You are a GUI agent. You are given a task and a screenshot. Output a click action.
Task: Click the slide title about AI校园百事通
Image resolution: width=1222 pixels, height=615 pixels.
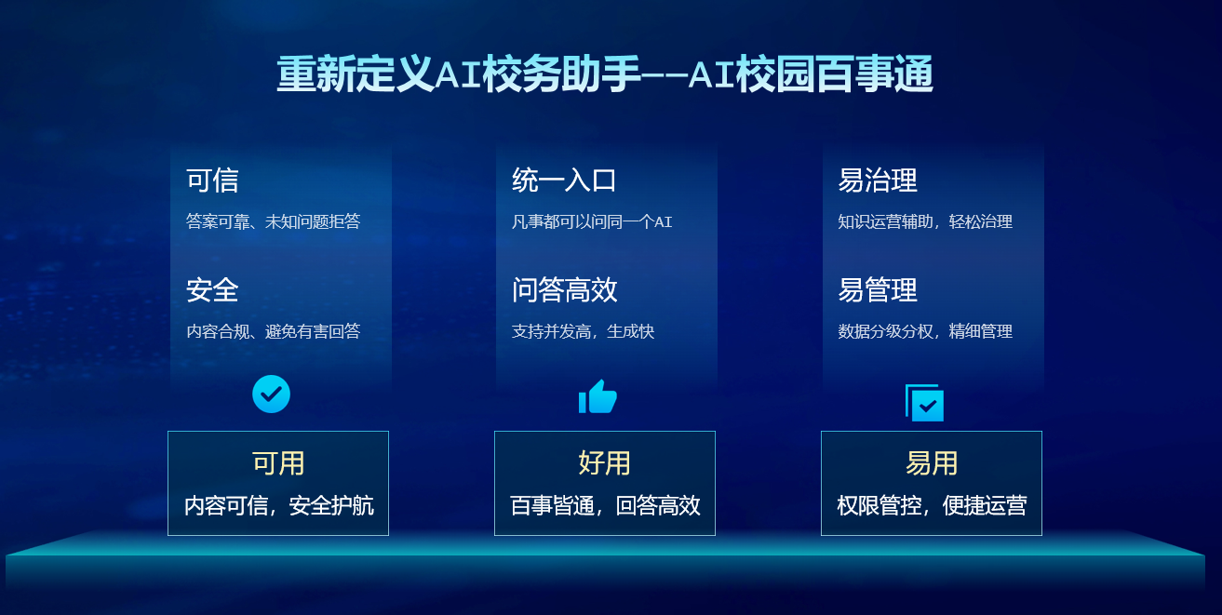[605, 74]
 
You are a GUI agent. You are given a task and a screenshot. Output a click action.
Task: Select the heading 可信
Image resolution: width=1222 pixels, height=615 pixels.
[212, 180]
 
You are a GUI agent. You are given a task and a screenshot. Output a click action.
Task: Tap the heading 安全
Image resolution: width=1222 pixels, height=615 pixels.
[212, 290]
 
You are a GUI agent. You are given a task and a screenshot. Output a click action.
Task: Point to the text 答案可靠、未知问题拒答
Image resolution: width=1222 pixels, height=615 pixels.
[274, 221]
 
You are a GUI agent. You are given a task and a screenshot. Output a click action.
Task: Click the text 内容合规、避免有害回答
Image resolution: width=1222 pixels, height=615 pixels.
[274, 331]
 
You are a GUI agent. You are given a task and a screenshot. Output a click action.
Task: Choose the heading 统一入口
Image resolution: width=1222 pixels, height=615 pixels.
[564, 180]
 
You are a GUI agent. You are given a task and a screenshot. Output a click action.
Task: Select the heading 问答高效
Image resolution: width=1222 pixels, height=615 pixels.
[564, 290]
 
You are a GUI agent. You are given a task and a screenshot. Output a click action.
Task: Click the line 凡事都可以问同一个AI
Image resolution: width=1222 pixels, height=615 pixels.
[592, 221]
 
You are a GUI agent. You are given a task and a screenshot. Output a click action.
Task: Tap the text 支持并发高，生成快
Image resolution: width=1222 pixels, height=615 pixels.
[583, 331]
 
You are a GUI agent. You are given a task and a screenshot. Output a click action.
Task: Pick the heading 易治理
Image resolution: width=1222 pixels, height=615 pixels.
[878, 180]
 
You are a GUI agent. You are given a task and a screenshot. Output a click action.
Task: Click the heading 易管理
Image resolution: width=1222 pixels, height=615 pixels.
[878, 290]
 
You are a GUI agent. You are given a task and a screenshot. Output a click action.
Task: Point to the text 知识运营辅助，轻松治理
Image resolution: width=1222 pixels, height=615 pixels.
[925, 221]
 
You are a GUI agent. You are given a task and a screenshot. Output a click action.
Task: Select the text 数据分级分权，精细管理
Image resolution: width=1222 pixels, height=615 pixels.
[925, 331]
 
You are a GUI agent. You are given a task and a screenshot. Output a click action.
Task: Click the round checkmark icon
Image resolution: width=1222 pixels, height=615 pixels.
[271, 394]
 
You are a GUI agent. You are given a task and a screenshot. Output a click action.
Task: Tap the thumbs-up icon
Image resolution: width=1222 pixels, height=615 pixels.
[598, 396]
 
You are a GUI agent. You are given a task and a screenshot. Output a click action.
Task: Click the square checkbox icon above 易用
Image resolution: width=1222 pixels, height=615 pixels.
[925, 403]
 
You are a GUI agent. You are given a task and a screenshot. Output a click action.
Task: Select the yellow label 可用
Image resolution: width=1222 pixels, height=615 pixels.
[278, 463]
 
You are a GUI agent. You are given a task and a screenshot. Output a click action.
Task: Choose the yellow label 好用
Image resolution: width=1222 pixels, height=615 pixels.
[604, 463]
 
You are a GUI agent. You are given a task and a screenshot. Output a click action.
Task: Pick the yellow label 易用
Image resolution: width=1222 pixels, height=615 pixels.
[932, 463]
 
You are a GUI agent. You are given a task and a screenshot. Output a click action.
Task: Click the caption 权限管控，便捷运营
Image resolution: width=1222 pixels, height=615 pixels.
[932, 506]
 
